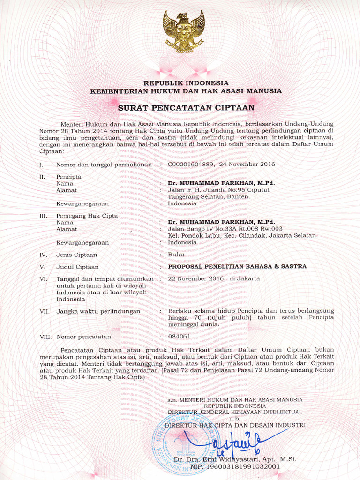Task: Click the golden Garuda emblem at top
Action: coord(184,31)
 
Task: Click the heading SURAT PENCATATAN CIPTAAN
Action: coord(186,107)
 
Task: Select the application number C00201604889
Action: coord(191,165)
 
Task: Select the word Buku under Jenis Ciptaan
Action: coord(176,255)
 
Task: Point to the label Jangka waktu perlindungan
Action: coord(98,311)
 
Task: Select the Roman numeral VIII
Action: coord(45,337)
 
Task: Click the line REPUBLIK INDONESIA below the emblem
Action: coord(186,83)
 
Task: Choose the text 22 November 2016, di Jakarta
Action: coord(214,278)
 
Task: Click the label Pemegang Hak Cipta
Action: coord(87,216)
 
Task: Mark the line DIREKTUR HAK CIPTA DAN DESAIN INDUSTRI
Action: coord(235,425)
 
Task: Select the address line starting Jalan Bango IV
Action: coord(225,229)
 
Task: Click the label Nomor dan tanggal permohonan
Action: coord(104,165)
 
